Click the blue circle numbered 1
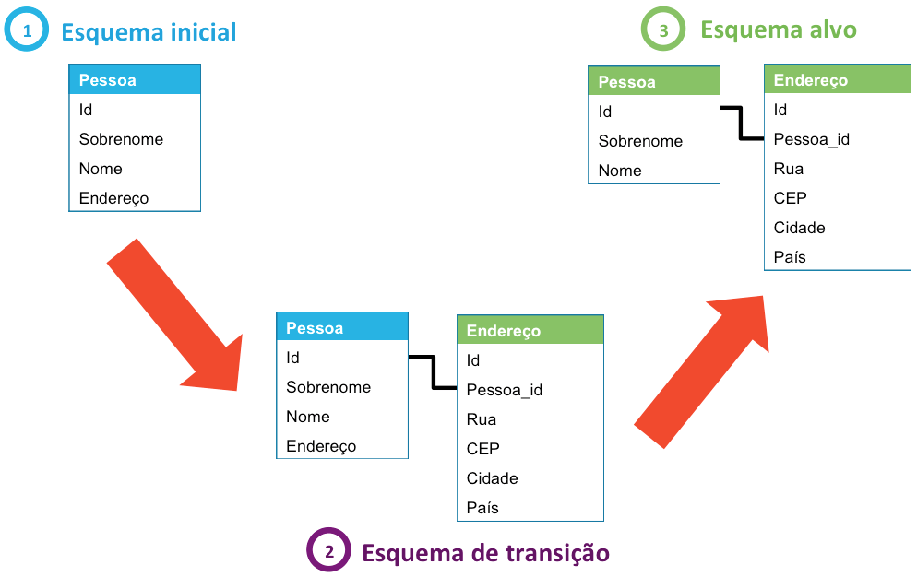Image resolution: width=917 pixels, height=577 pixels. pos(26,30)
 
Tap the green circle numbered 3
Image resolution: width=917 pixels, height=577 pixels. pos(663,29)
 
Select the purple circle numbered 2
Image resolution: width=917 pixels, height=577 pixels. pos(328,551)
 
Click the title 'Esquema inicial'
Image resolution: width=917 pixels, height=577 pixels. pos(149,32)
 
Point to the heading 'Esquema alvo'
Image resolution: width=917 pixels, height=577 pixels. pos(778,29)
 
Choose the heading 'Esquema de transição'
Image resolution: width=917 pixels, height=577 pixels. pos(485,552)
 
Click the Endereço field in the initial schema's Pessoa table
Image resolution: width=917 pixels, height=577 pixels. pos(113,198)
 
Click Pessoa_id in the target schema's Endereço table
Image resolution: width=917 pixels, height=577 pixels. pos(811,139)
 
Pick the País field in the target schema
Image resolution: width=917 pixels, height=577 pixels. pos(790,257)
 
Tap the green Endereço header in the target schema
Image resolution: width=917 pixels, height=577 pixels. pos(837,80)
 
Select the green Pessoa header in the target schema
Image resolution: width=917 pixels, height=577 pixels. pos(653,82)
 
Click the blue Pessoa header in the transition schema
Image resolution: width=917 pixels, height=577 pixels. pos(341,328)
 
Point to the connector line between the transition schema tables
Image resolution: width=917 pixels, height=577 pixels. pos(433,372)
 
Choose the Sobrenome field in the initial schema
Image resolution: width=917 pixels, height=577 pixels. pos(121,139)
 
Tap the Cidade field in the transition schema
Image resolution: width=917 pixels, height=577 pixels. pos(492,478)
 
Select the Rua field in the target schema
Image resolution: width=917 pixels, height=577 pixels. pos(789,169)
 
